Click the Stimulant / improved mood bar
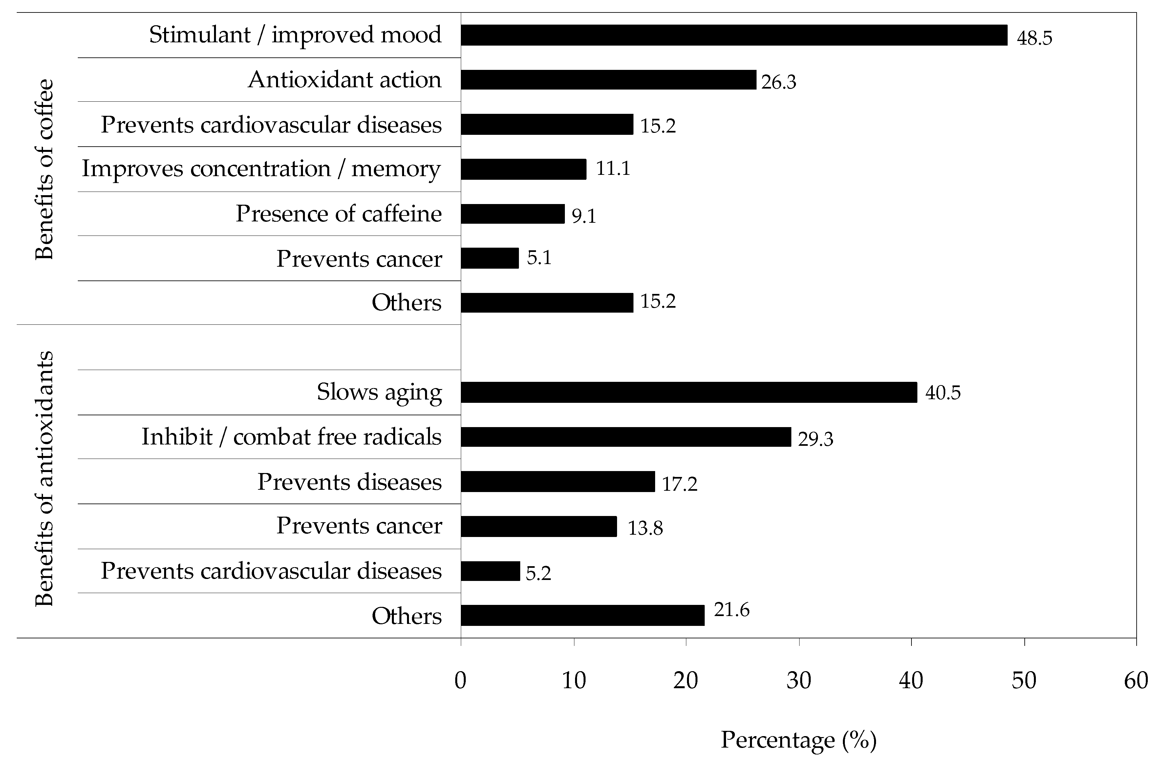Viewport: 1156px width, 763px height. coord(734,35)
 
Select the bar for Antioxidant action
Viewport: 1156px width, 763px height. coord(609,80)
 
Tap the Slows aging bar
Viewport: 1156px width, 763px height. coord(689,392)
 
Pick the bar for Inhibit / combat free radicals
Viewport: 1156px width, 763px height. coord(626,437)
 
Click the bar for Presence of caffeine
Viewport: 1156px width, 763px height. coord(513,214)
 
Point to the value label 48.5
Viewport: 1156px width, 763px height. coord(1034,38)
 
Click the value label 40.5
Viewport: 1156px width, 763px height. coord(943,393)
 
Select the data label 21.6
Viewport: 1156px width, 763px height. coord(732,610)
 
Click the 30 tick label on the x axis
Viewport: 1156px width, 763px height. coord(799,680)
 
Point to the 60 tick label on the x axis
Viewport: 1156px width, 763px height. coord(1136,680)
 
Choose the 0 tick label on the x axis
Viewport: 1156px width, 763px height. coord(460,680)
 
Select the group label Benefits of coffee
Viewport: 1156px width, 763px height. coord(44,169)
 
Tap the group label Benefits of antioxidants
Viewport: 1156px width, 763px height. coord(44,478)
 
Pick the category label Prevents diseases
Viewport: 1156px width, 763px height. coord(350,482)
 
